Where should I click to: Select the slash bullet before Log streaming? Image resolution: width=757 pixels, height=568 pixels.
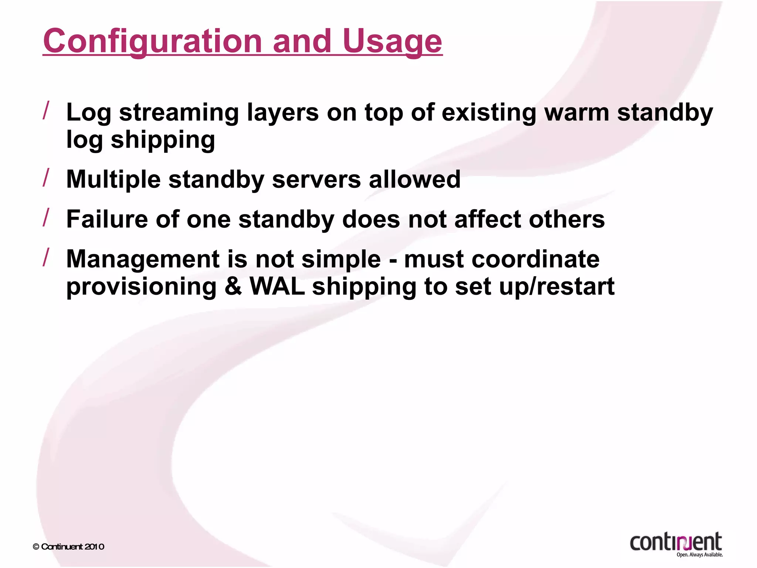pos(46,111)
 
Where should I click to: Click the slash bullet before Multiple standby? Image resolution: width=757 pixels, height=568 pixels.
pos(46,177)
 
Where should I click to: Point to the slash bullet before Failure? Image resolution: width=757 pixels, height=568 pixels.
pos(46,217)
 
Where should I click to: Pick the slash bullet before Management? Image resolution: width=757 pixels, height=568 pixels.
pos(46,257)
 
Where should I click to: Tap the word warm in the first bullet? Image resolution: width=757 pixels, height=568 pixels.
pos(577,112)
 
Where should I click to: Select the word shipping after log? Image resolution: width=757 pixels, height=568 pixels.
pos(163,141)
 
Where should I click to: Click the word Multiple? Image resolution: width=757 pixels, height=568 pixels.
pos(113,180)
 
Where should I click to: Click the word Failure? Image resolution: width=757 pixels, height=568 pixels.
pos(107,219)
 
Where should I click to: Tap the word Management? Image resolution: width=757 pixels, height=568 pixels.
pos(143,259)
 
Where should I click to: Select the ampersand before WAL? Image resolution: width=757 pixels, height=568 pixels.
pos(233,287)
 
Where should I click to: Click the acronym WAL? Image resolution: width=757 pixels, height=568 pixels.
pos(277,287)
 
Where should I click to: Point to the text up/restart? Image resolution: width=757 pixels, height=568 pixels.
pos(557,287)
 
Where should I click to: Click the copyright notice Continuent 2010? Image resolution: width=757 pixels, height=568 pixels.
pos(69,547)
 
